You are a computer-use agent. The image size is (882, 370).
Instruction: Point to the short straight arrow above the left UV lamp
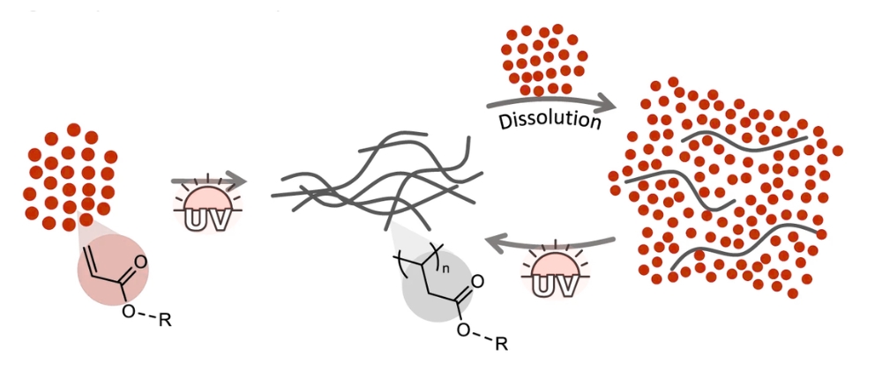(209, 181)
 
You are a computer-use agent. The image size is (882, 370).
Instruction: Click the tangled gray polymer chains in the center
(377, 180)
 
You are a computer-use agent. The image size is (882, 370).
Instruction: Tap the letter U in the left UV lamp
(198, 220)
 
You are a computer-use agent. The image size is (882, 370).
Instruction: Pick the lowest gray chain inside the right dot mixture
(748, 248)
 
